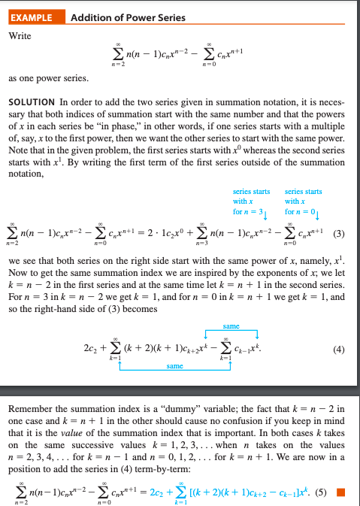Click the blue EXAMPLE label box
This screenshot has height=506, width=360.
coord(35,17)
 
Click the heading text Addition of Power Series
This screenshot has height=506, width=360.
coord(128,17)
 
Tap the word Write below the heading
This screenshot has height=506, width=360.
coord(20,35)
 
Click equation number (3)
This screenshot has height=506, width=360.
coord(338,232)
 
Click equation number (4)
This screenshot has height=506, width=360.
coord(339,348)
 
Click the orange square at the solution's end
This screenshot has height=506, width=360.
coord(341,492)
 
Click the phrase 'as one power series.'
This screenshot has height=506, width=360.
coord(44,77)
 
